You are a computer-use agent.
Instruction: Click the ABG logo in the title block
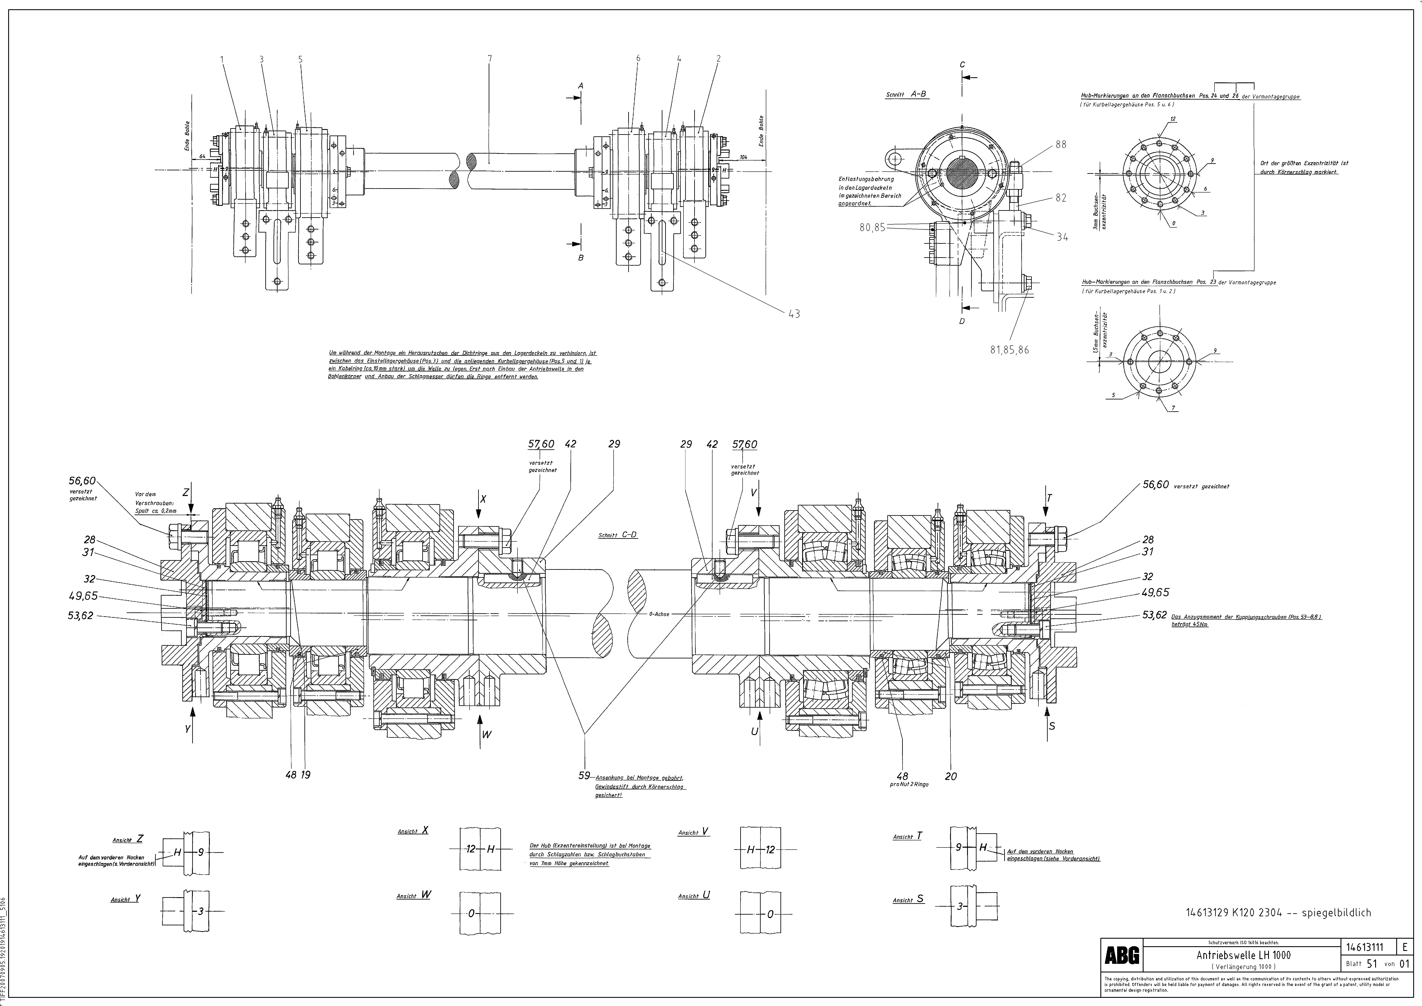point(1122,956)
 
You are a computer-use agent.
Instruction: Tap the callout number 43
point(794,314)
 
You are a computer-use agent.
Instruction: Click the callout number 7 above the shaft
point(489,59)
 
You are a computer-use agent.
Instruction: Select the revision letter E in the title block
point(1405,947)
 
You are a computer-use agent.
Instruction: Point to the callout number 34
point(1062,237)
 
